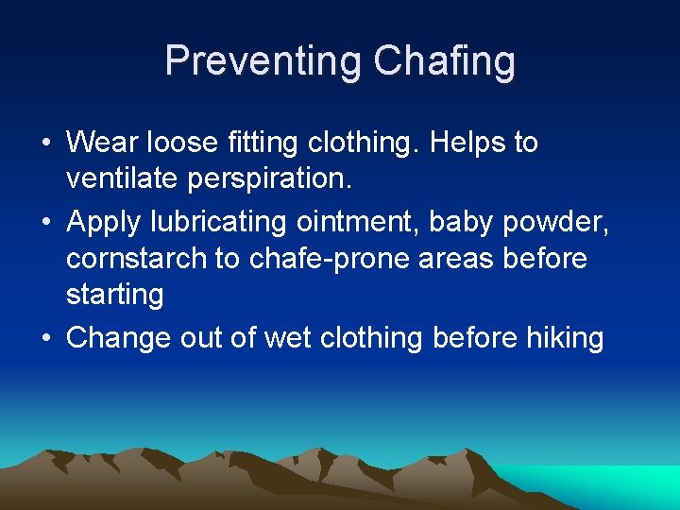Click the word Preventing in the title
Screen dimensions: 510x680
coord(263,61)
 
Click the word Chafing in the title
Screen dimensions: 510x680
coord(444,61)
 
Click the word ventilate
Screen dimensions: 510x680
coord(116,179)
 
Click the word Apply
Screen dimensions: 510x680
coord(104,222)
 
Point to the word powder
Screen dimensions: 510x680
coord(556,222)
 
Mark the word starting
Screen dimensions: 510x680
coord(114,295)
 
